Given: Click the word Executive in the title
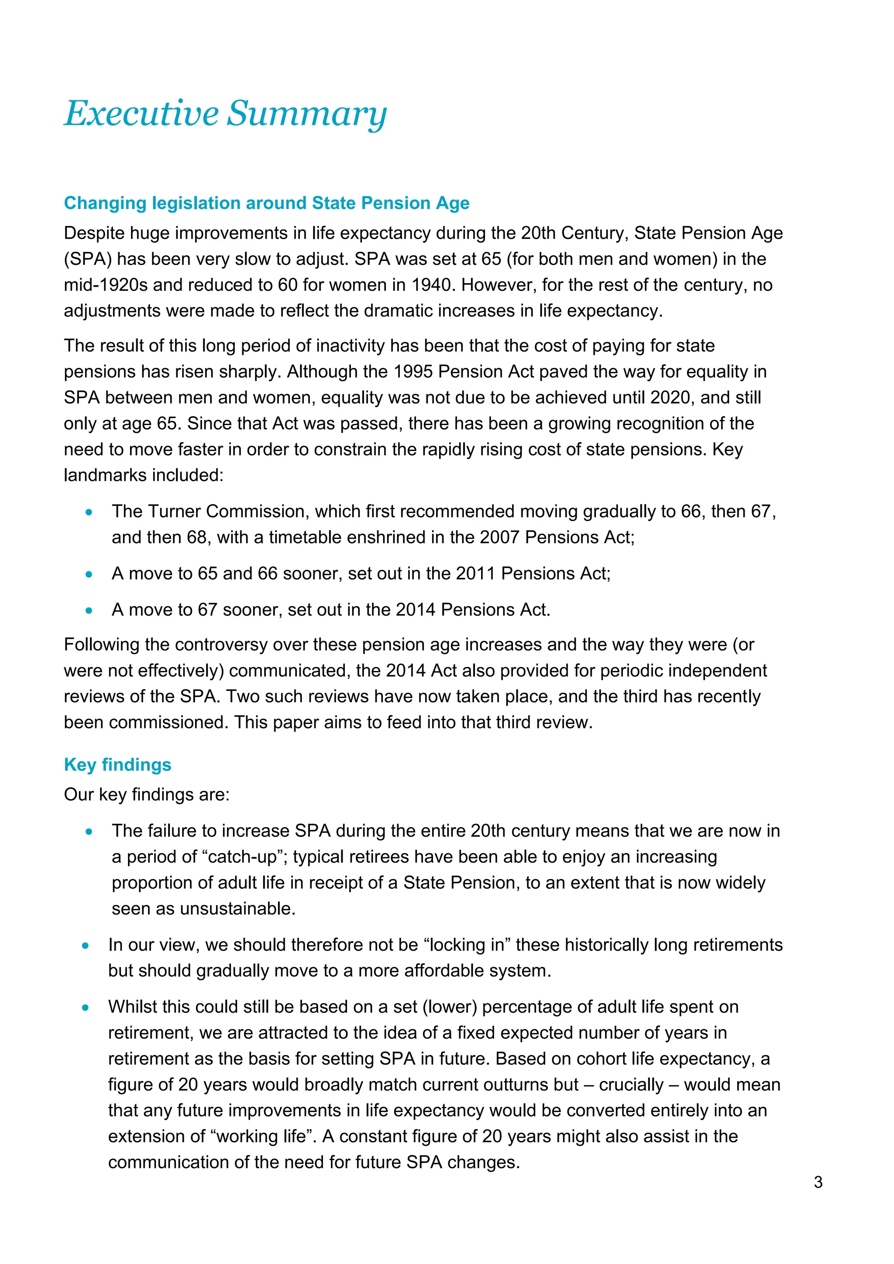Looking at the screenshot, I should [x=141, y=113].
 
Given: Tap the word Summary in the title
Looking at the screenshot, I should [x=307, y=114].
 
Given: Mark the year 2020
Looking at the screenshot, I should [x=670, y=398].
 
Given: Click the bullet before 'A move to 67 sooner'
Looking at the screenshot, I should [x=89, y=611].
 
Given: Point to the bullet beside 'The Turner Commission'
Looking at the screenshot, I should [x=89, y=512].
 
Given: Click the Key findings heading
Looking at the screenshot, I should [x=118, y=765].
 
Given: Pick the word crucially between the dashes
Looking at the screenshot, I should [x=631, y=1085].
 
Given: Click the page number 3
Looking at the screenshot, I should [x=818, y=1182].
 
